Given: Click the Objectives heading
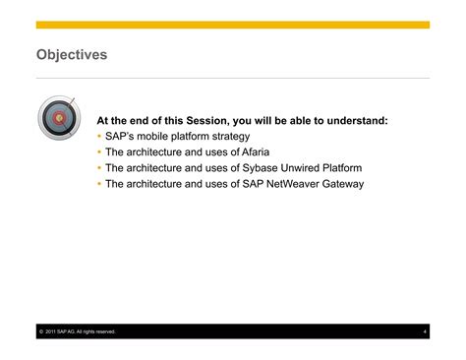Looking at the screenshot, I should coord(71,54).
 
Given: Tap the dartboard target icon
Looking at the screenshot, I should coord(58,118).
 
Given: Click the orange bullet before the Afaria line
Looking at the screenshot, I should coord(99,151).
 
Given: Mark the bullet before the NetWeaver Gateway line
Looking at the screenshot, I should coord(99,183).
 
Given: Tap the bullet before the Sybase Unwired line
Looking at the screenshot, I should coord(99,167).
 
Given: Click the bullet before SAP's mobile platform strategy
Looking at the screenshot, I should coord(99,136).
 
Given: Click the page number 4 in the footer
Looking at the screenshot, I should coord(425,331).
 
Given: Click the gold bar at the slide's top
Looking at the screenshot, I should coord(233,25).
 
